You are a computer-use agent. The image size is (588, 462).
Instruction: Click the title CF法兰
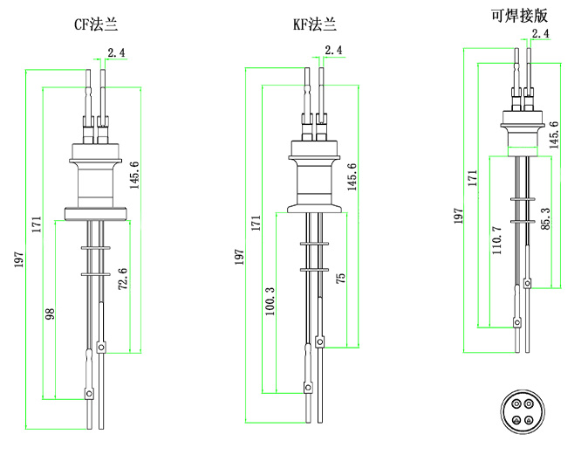coord(96,24)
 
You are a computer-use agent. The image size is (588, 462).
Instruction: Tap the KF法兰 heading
coord(314,24)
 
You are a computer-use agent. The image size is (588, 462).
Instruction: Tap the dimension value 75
coord(341,278)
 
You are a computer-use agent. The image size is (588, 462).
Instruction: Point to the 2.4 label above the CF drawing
coord(116,53)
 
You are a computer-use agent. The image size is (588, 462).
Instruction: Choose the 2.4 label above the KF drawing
coord(333,51)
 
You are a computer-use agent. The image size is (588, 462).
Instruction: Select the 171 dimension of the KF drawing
coord(255,223)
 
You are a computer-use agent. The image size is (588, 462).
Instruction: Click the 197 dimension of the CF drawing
coord(18,259)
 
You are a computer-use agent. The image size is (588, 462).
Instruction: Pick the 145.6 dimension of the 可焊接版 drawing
coord(554,135)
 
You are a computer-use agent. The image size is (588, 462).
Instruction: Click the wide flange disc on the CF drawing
coord(97,211)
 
